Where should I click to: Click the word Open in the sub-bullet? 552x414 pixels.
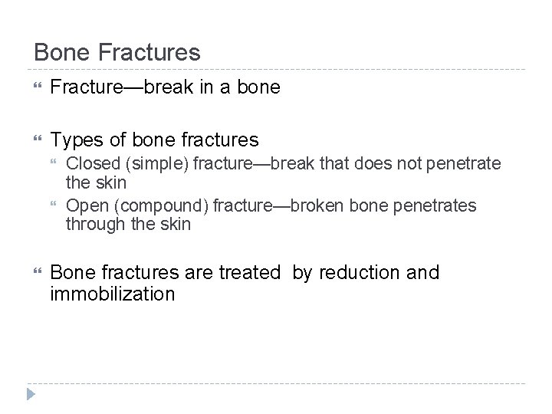click(84, 205)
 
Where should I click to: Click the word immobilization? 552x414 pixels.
click(113, 294)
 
